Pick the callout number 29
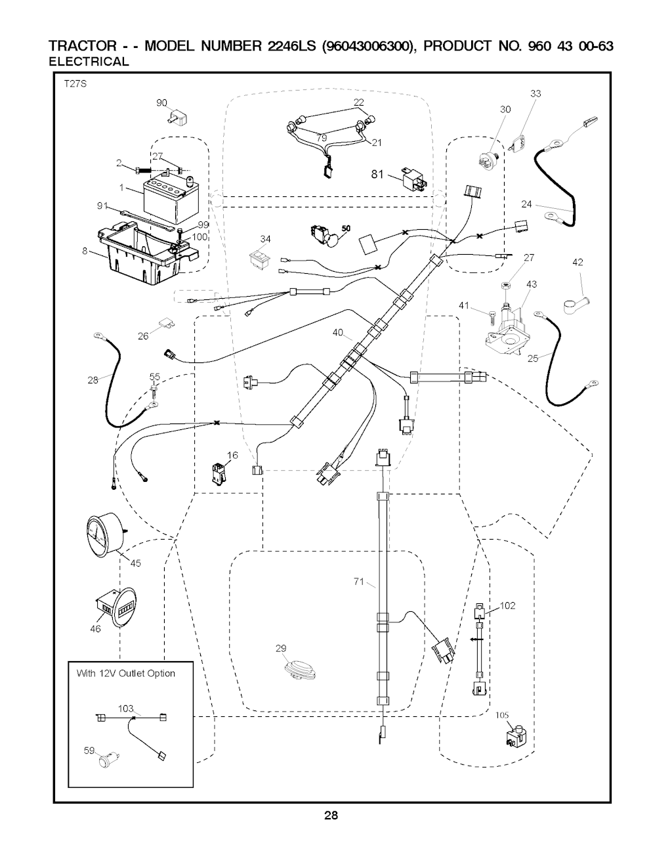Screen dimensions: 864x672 click(281, 649)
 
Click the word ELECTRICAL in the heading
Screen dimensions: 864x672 click(89, 62)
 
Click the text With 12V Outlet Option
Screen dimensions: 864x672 click(126, 673)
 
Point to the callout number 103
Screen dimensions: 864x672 click(125, 708)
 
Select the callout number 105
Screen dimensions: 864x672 click(503, 716)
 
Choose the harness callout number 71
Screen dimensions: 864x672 click(359, 581)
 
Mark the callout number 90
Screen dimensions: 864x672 click(161, 102)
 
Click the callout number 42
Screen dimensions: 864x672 click(577, 262)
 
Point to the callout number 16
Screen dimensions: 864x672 click(232, 455)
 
